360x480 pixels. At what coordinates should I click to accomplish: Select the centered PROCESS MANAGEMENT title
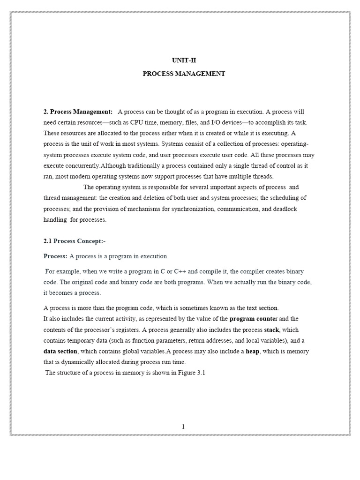point(184,74)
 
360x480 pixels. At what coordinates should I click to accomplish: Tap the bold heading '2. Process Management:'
point(78,112)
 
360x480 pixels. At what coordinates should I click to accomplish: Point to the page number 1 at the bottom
point(183,426)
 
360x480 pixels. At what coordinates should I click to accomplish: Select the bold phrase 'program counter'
point(254,319)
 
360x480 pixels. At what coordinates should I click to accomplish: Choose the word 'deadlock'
point(285,209)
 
